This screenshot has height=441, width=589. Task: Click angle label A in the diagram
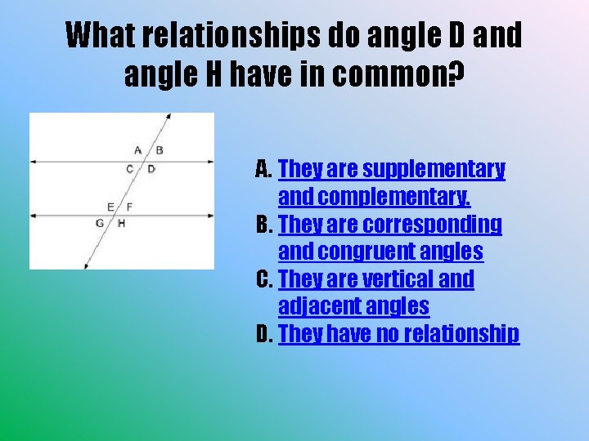137,149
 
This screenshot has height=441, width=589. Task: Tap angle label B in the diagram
160,149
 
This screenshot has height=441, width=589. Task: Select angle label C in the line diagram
129,170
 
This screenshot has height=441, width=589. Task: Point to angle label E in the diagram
110,207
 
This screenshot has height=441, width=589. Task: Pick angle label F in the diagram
129,207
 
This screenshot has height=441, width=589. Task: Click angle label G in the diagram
100,223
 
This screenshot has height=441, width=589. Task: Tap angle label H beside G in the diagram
121,223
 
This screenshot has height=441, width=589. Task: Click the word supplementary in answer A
434,170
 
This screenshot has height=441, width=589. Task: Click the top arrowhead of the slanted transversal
169,117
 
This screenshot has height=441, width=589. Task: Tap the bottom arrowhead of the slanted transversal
85,266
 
